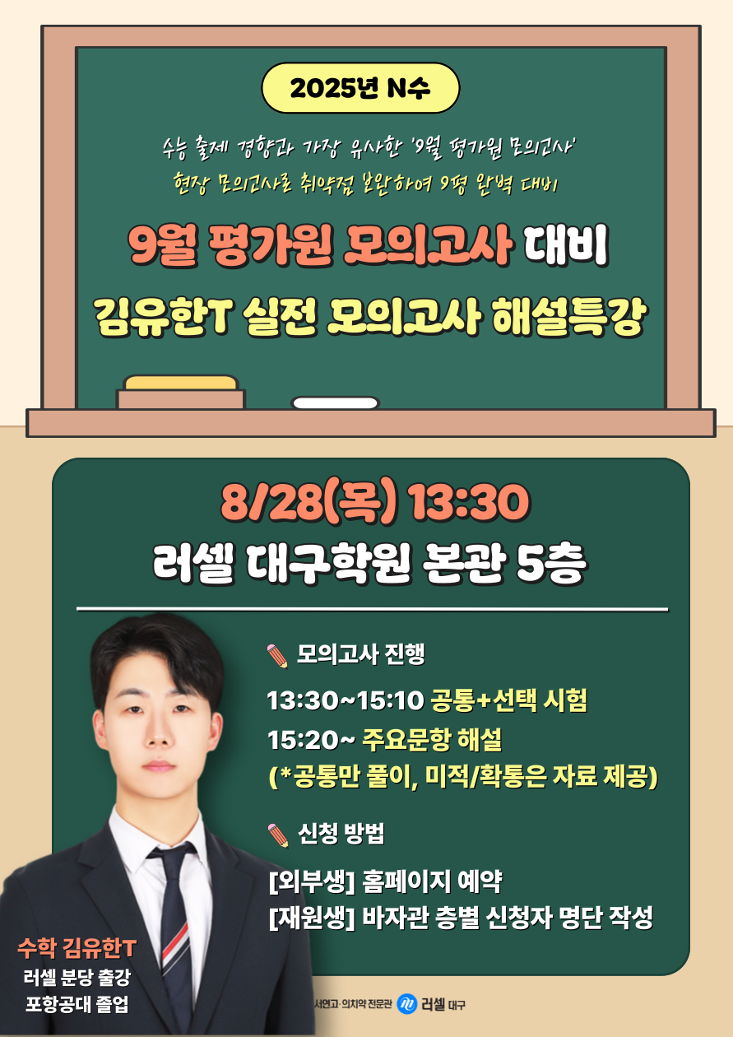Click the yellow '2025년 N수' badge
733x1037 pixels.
pos(360,88)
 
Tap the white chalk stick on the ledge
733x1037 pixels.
pos(335,402)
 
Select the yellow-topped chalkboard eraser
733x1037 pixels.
pos(180,392)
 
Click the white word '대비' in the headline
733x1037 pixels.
pos(566,245)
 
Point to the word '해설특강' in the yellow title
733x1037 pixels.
pos(568,316)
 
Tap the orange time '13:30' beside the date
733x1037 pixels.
pos(467,502)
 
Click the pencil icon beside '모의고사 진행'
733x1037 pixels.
pos(278,656)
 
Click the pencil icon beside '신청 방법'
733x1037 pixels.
pos(278,835)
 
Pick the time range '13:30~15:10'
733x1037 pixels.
pos(346,700)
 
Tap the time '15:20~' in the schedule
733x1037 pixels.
pos(311,740)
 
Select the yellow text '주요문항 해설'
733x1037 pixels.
pos(432,739)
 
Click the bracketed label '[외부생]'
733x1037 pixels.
pos(312,882)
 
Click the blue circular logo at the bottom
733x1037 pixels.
pos(406,1004)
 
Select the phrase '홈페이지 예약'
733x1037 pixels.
pos(432,882)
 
